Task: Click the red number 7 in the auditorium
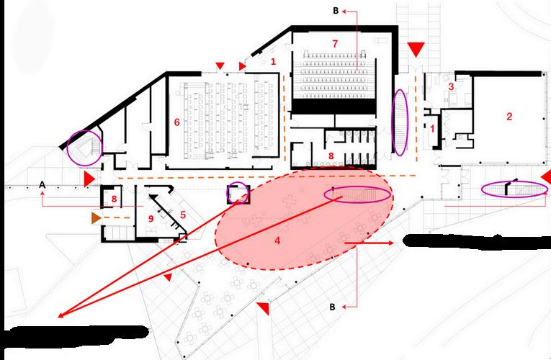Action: [x=334, y=44]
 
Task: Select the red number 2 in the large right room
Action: [x=509, y=117]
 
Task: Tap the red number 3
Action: [x=451, y=86]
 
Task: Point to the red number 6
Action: [x=176, y=122]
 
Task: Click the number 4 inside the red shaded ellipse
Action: [x=277, y=243]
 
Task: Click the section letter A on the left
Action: [x=42, y=185]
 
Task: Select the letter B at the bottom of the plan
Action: [x=333, y=307]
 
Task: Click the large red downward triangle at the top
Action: [x=414, y=49]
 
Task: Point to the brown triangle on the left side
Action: [x=96, y=217]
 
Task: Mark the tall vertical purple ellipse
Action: [x=400, y=121]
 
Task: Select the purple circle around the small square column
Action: [x=237, y=194]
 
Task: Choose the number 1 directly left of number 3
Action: [x=432, y=130]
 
